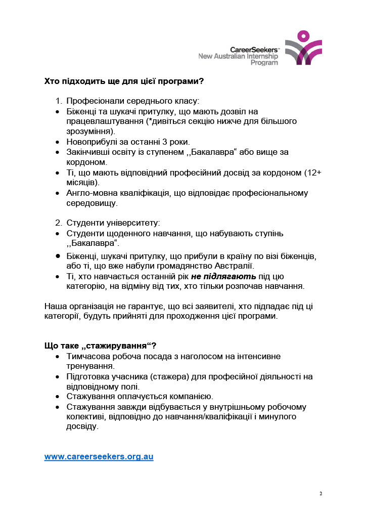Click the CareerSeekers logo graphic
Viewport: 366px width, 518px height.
tap(303, 48)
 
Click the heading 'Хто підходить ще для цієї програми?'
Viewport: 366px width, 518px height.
tap(124, 81)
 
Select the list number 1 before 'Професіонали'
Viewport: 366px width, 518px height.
tap(58, 101)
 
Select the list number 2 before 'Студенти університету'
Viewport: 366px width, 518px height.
tap(58, 223)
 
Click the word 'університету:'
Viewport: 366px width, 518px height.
tap(134, 223)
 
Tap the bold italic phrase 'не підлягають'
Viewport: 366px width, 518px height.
tap(223, 276)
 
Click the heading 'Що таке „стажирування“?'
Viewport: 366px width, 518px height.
tap(100, 346)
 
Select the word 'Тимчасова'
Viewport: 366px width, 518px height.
tap(87, 356)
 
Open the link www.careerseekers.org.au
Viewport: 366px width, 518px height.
tap(99, 456)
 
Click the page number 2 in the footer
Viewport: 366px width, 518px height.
tap(321, 493)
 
